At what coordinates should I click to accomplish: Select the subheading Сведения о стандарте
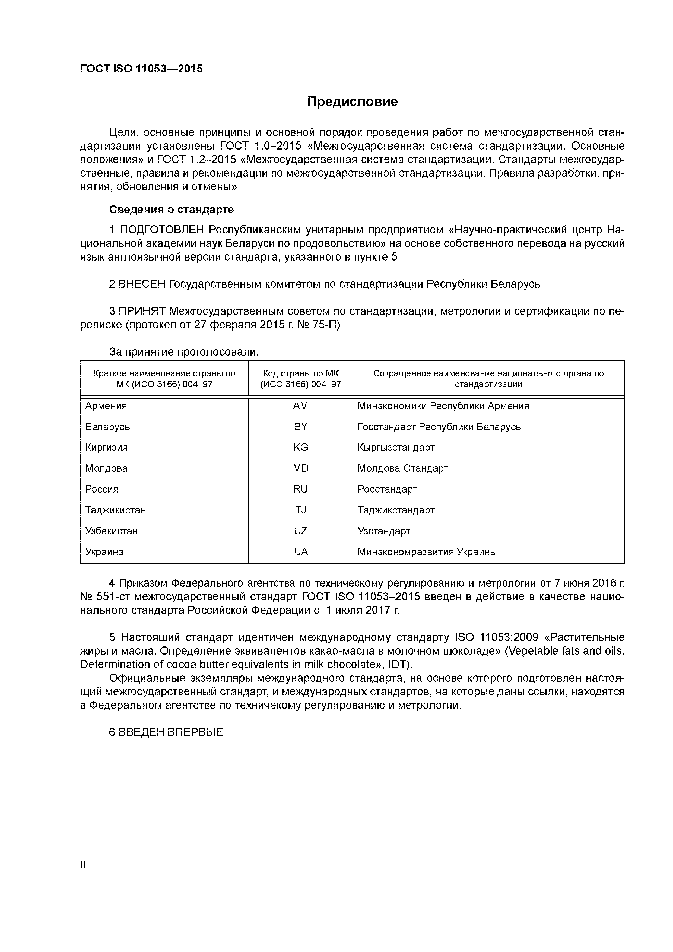pyautogui.click(x=171, y=210)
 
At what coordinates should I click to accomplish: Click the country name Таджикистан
pyautogui.click(x=116, y=510)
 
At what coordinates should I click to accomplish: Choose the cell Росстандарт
pyautogui.click(x=387, y=489)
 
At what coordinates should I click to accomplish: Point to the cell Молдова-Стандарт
pyautogui.click(x=403, y=468)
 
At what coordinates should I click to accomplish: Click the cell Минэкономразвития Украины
pyautogui.click(x=427, y=552)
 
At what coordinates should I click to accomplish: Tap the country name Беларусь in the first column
pyautogui.click(x=107, y=427)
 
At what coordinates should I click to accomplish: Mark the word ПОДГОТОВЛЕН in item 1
pyautogui.click(x=162, y=230)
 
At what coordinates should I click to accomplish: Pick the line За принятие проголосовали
pyautogui.click(x=184, y=352)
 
